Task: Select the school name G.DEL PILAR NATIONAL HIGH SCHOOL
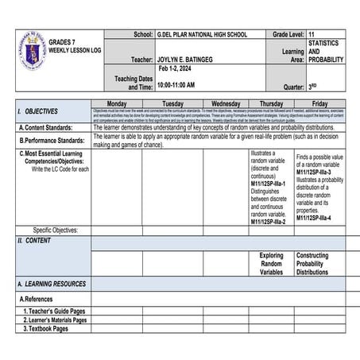[x=202, y=36]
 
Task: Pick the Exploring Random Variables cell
[x=271, y=264]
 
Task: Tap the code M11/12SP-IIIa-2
[x=268, y=222]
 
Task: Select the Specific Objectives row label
[x=56, y=230]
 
